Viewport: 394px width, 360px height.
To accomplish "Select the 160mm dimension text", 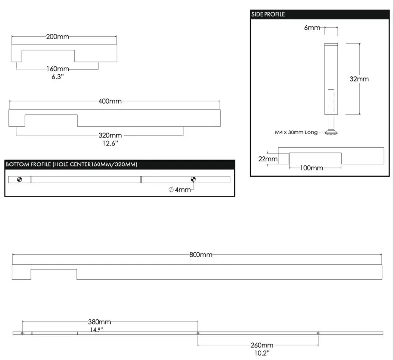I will [58, 69].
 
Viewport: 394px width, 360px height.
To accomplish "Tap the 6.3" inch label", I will [58, 77].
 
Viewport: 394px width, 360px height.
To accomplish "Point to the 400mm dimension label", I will [110, 101].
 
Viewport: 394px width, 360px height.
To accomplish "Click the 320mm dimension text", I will [110, 135].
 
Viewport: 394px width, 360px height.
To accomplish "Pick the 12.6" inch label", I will [110, 143].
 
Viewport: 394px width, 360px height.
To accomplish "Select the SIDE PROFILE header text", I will [268, 14].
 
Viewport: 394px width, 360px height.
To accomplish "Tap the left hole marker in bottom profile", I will [20, 179].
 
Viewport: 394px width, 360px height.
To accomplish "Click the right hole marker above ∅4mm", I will [193, 179].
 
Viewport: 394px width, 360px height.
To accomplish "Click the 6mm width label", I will [312, 28].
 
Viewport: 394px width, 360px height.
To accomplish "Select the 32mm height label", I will [359, 79].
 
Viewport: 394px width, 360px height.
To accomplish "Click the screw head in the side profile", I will [331, 131].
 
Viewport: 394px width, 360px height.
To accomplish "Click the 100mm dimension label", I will [311, 168].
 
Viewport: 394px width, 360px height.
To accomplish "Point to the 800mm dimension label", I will [200, 255].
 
